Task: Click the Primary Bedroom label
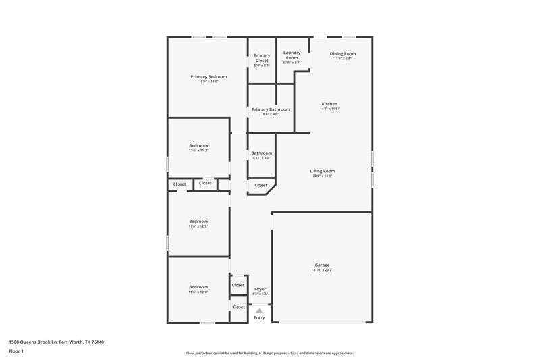(x=208, y=76)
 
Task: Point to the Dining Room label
(x=342, y=53)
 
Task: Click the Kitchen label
(x=329, y=103)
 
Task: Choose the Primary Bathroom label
(x=271, y=109)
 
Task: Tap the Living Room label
(x=323, y=171)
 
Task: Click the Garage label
(x=322, y=265)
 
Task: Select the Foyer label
(x=260, y=289)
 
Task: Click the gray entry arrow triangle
(x=259, y=310)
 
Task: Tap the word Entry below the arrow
(x=259, y=317)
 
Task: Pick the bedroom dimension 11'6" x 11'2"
(x=198, y=151)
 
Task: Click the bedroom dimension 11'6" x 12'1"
(x=198, y=226)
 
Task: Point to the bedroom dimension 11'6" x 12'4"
(x=198, y=292)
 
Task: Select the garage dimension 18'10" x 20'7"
(x=322, y=270)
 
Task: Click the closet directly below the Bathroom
(x=261, y=185)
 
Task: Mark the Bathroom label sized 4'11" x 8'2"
(x=261, y=153)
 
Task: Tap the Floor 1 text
(x=16, y=352)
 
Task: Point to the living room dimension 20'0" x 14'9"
(x=323, y=176)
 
